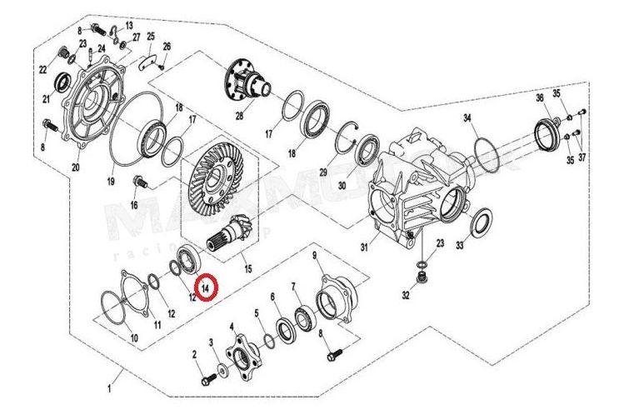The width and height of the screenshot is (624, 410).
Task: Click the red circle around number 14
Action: click(x=205, y=286)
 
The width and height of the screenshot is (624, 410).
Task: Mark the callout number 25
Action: click(x=151, y=37)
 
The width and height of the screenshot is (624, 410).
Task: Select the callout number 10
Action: click(x=132, y=337)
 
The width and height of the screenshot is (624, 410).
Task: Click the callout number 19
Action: click(x=110, y=180)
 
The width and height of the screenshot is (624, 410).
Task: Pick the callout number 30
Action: click(x=342, y=187)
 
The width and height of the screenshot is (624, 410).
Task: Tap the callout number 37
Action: click(x=582, y=157)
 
